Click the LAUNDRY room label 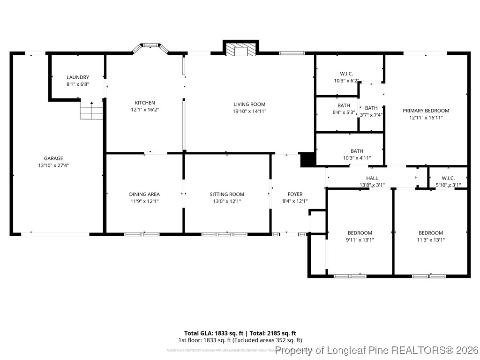78,77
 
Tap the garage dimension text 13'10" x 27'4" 53,165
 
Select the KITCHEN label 145,103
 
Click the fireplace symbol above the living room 241,49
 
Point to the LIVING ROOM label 249,105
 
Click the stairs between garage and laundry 91,111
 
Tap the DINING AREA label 144,194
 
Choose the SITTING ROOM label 227,194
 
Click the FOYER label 295,194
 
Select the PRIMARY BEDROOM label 426,111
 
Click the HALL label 372,178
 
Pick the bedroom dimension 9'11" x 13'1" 360,240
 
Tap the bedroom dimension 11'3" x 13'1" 431,240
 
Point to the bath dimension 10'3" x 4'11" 357,158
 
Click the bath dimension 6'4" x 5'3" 344,112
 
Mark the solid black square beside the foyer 307,160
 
